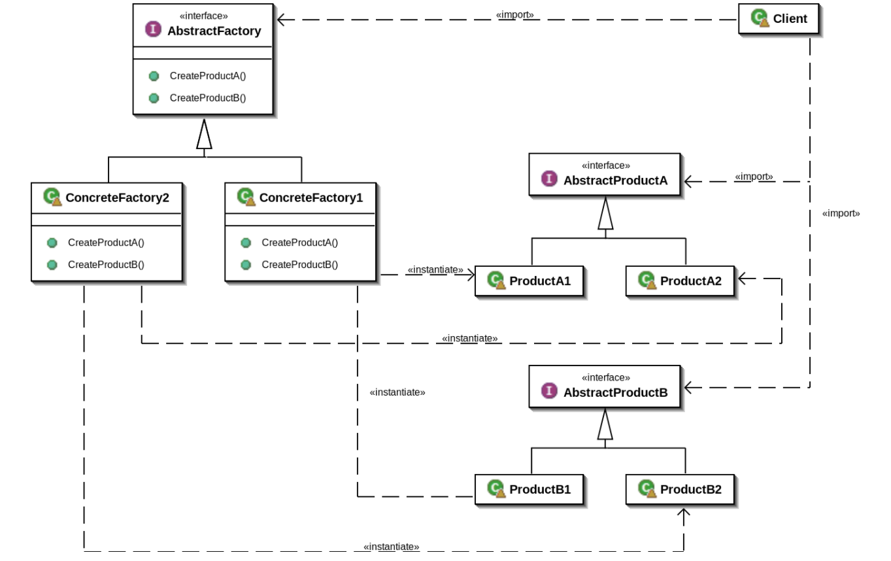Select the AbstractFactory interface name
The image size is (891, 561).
pyautogui.click(x=214, y=31)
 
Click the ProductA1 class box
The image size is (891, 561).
pyautogui.click(x=529, y=281)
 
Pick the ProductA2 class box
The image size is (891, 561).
pyautogui.click(x=680, y=281)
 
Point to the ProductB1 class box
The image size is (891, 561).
pyautogui.click(x=529, y=489)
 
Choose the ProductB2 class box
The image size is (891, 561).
pyautogui.click(x=680, y=489)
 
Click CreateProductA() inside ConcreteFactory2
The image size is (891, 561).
pyautogui.click(x=106, y=243)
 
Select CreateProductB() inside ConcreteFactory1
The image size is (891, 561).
pyautogui.click(x=299, y=265)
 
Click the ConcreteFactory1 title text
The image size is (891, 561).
pyautogui.click(x=311, y=197)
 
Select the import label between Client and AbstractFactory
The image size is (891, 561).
pyautogui.click(x=514, y=14)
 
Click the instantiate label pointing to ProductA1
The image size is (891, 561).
pyautogui.click(x=435, y=269)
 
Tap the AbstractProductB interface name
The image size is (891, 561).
pyautogui.click(x=615, y=392)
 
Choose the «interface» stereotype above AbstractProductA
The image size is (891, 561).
pyautogui.click(x=605, y=166)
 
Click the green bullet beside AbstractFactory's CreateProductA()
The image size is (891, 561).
pyautogui.click(x=154, y=76)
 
